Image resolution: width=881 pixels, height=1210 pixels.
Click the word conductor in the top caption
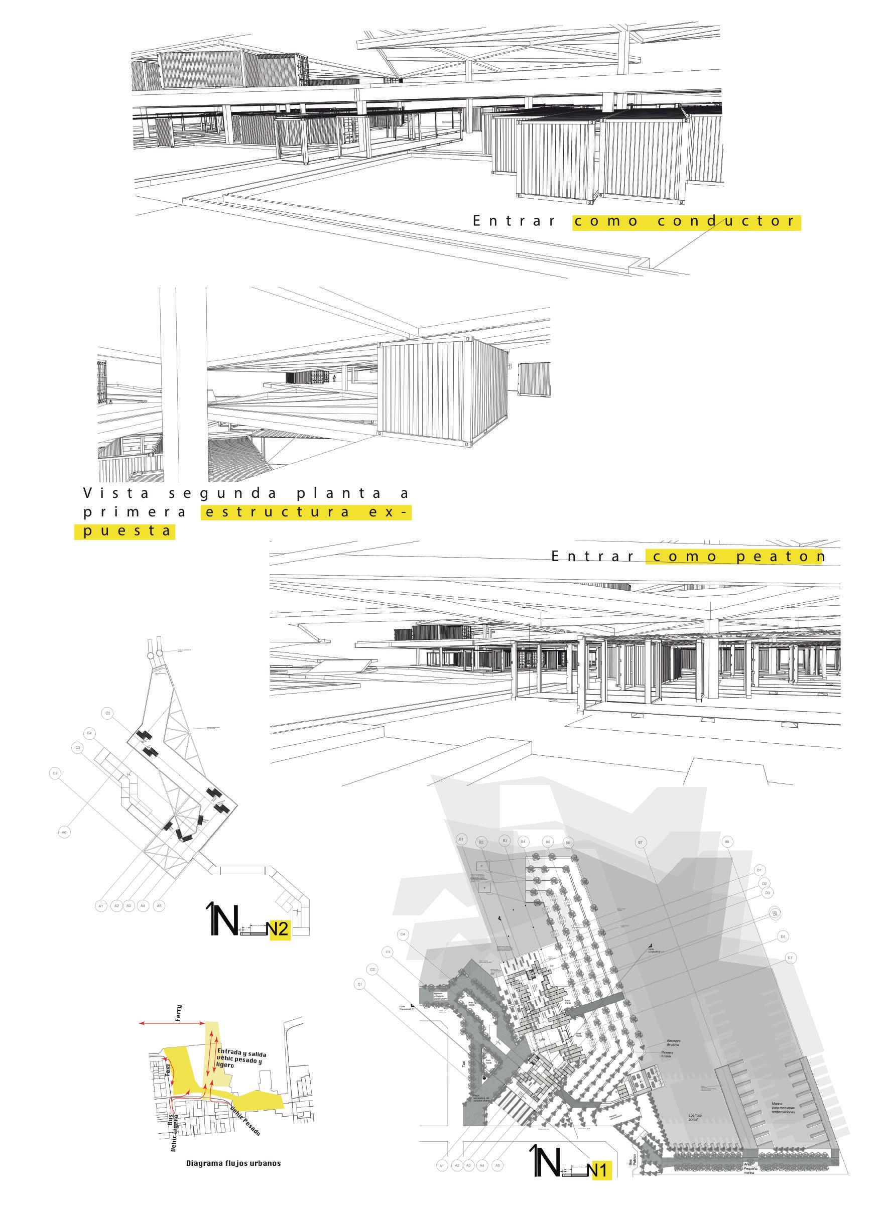click(726, 221)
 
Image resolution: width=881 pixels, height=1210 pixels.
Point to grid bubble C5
click(108, 713)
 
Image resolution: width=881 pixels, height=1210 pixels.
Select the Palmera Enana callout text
click(668, 1054)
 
